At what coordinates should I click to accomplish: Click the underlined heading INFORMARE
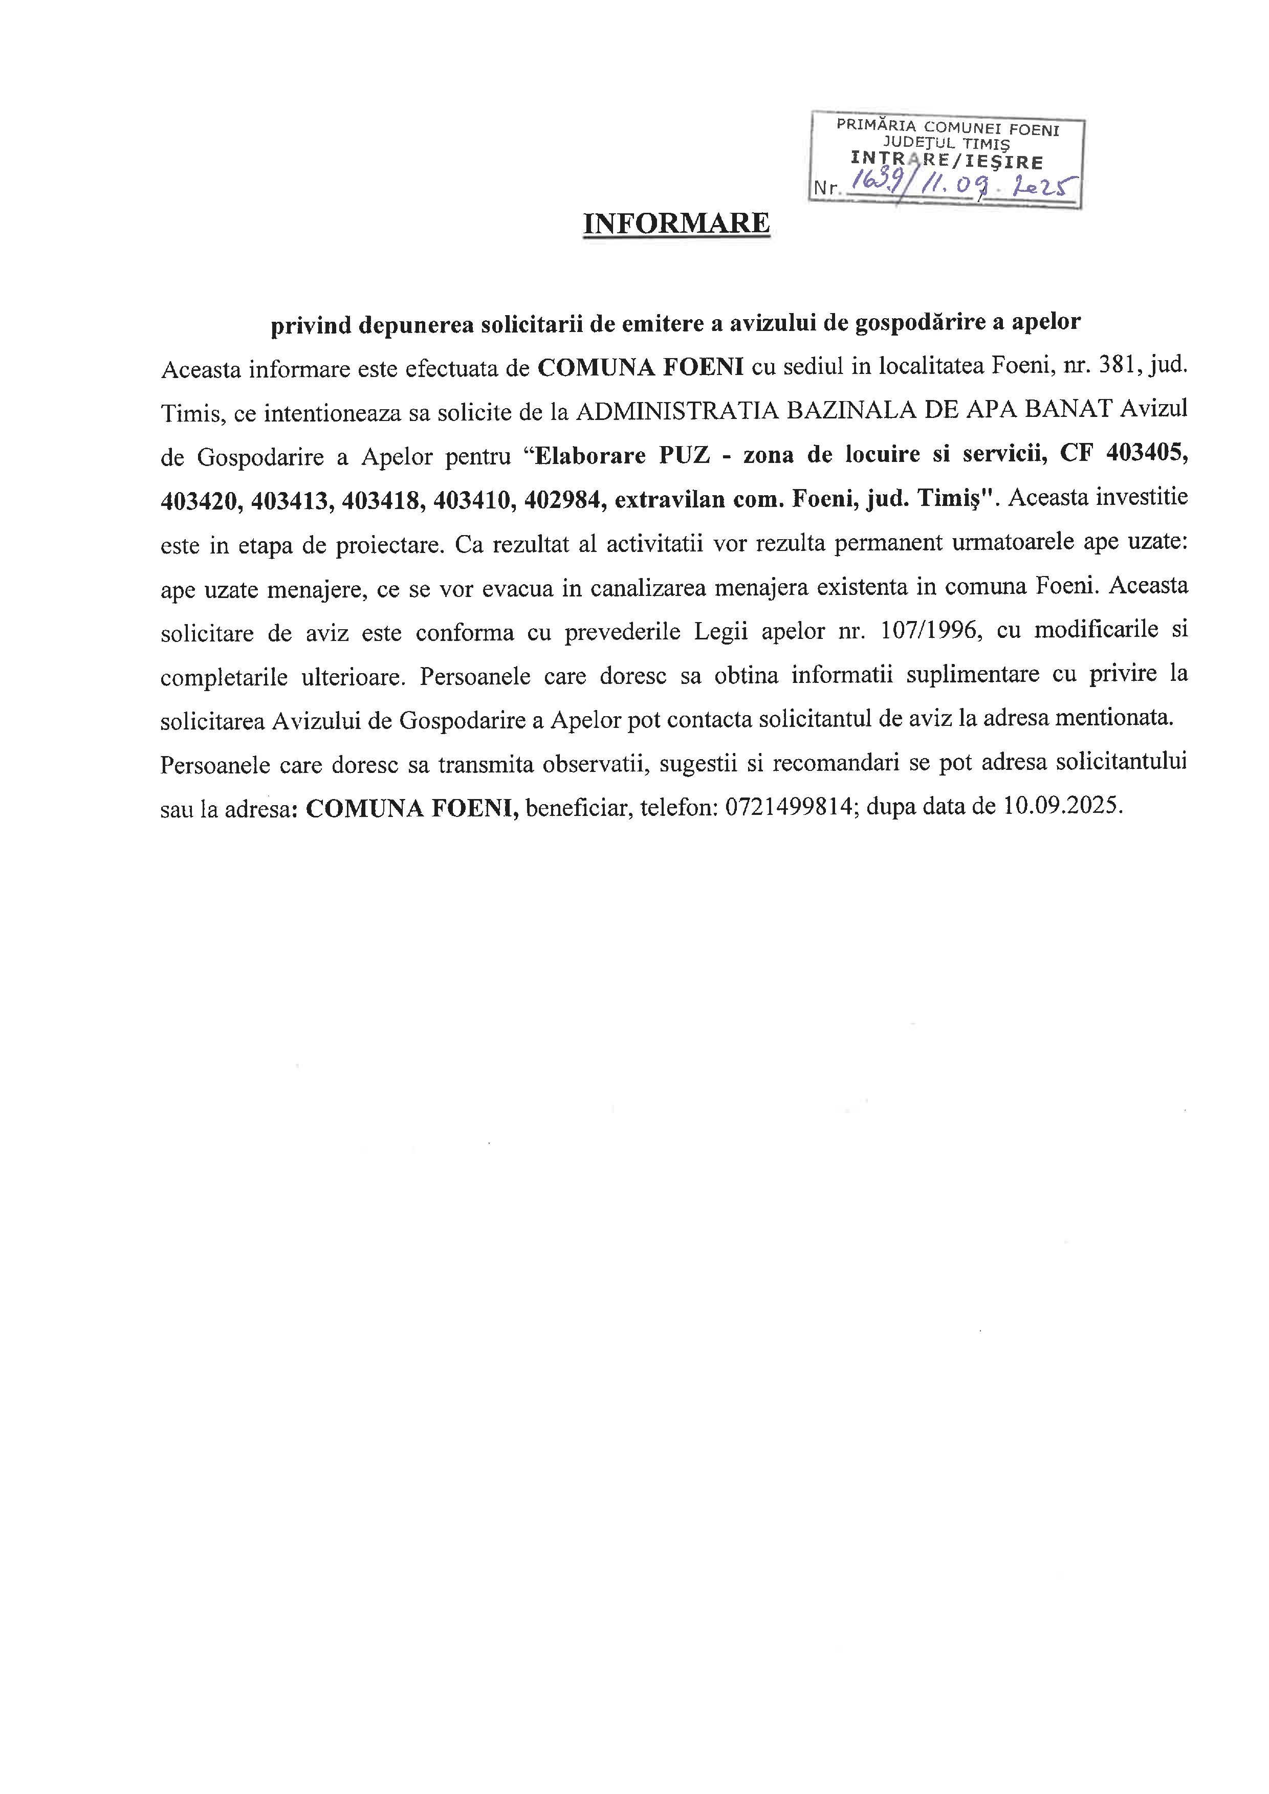pos(676,224)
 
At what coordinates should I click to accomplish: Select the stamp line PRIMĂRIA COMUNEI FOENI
pos(948,127)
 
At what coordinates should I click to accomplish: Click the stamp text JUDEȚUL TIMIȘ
pos(946,144)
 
